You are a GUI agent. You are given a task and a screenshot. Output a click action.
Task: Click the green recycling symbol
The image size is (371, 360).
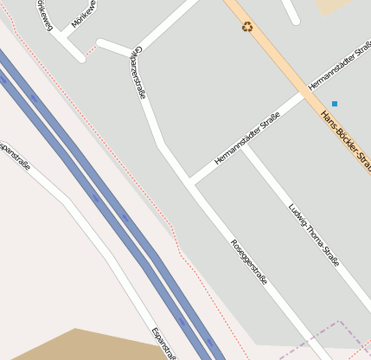pos(248,27)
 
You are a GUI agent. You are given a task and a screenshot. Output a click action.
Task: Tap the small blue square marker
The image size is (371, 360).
pos(335,104)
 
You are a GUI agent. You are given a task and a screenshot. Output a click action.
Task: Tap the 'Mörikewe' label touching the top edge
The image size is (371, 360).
pos(85,13)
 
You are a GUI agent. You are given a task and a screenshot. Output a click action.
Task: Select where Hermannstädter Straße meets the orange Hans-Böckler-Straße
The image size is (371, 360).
pos(304,93)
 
